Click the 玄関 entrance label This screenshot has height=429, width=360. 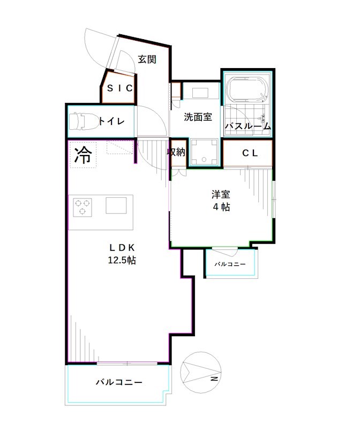[147, 60]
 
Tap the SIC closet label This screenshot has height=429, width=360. [119, 89]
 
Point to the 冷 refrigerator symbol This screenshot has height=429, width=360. [82, 155]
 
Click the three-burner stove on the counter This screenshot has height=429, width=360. [82, 206]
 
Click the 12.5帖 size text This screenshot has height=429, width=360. [123, 261]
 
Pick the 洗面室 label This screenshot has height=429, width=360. [198, 117]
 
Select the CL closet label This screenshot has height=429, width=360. [250, 153]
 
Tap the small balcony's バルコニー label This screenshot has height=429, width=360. [230, 264]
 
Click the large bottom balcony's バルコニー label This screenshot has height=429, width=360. [119, 382]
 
